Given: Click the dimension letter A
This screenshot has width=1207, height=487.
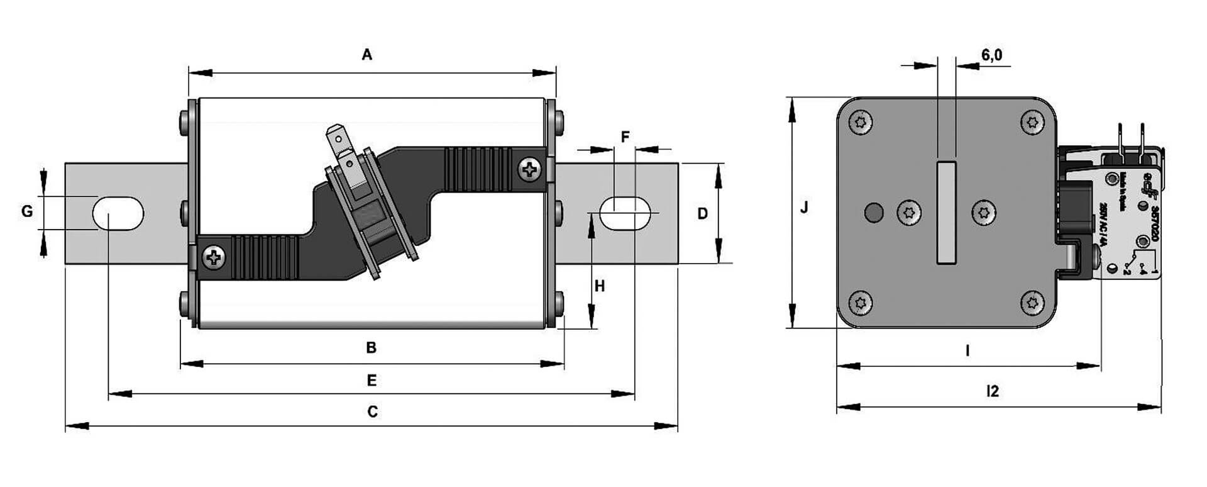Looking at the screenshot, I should (x=367, y=55).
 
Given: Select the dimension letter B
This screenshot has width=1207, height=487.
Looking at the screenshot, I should (x=372, y=347).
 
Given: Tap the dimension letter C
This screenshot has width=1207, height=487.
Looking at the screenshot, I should (x=373, y=412).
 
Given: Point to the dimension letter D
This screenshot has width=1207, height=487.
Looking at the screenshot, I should (x=703, y=214).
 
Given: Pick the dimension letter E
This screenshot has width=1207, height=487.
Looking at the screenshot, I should (x=372, y=381).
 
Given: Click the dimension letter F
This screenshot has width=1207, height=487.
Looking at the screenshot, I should (x=625, y=137).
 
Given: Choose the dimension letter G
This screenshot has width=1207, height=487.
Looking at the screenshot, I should (x=27, y=211).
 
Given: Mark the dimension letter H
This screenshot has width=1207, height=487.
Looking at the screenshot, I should (x=600, y=287).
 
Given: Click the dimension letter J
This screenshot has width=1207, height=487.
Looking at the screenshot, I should (x=804, y=208).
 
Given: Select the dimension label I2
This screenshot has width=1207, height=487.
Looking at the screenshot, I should (x=992, y=391).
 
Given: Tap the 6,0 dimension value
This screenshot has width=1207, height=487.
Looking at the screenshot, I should (x=991, y=55).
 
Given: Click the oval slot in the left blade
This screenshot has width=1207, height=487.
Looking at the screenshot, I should (x=118, y=213).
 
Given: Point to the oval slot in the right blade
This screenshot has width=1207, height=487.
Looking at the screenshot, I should (x=626, y=213).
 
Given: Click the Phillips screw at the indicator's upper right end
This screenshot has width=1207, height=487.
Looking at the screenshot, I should (x=531, y=169).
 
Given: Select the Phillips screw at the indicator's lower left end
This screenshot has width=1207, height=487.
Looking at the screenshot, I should (x=214, y=257).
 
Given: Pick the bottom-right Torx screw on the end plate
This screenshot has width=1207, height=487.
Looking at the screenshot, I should (x=1032, y=303).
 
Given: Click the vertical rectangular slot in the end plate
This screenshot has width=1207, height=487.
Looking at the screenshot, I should (x=946, y=213).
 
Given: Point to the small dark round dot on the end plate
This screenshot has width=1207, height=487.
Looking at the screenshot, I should (x=873, y=213).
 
